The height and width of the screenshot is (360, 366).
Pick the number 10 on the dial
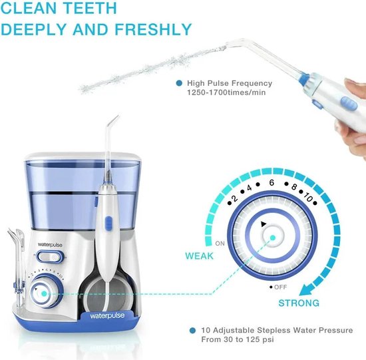308,198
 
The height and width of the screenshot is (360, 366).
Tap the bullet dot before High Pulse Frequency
179,83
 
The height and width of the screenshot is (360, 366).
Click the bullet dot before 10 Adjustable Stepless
192,329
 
